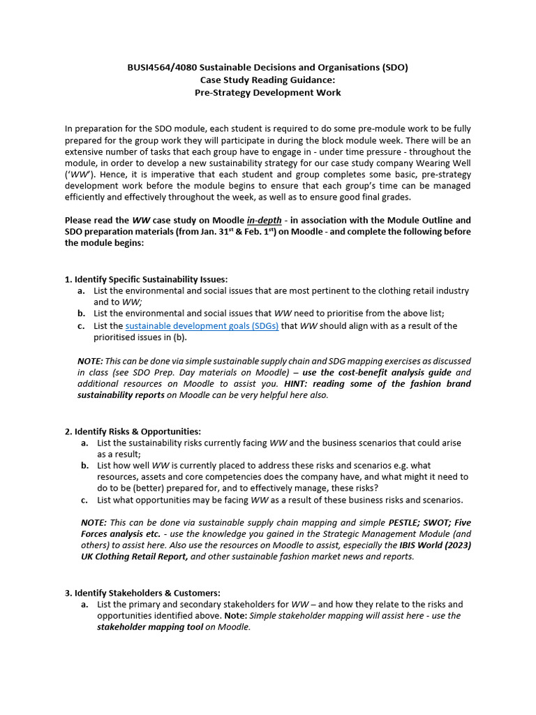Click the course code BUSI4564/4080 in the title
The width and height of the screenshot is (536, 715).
(159, 68)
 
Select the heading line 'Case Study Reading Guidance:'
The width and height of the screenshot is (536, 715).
(268, 80)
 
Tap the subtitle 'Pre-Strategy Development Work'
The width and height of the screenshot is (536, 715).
(268, 93)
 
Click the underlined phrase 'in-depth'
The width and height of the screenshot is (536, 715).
(265, 221)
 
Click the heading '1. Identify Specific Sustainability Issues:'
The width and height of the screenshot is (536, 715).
(146, 279)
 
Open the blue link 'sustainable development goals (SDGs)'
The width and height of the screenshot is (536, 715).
(202, 326)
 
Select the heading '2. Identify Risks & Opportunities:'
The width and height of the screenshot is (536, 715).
(133, 432)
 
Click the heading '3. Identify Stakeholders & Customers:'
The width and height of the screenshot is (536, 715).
(142, 593)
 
